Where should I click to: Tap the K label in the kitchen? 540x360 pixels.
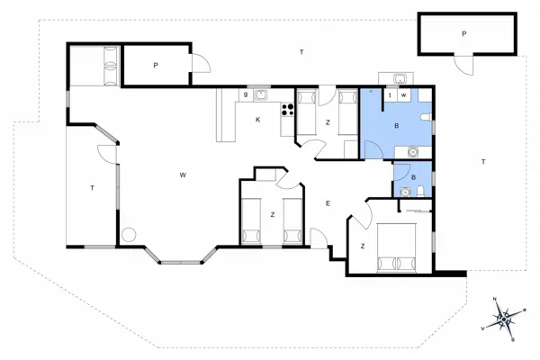pyautogui.click(x=257, y=120)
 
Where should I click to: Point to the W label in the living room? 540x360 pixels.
pyautogui.click(x=183, y=173)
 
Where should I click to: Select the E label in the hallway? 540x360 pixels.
pyautogui.click(x=328, y=203)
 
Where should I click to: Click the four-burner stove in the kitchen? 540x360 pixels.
pyautogui.click(x=289, y=111)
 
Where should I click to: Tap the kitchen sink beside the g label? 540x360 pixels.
pyautogui.click(x=260, y=94)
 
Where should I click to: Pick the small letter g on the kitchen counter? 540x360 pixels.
pyautogui.click(x=245, y=94)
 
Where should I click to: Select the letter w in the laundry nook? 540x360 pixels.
pyautogui.click(x=404, y=94)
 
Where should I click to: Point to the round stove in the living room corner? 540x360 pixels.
pyautogui.click(x=129, y=234)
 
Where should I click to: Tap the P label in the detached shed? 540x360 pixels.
pyautogui.click(x=464, y=33)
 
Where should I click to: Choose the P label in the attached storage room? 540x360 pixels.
pyautogui.click(x=155, y=65)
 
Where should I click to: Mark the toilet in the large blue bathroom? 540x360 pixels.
pyautogui.click(x=426, y=117)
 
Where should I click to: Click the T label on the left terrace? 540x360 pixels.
pyautogui.click(x=92, y=188)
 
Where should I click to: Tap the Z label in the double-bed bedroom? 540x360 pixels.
pyautogui.click(x=362, y=246)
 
